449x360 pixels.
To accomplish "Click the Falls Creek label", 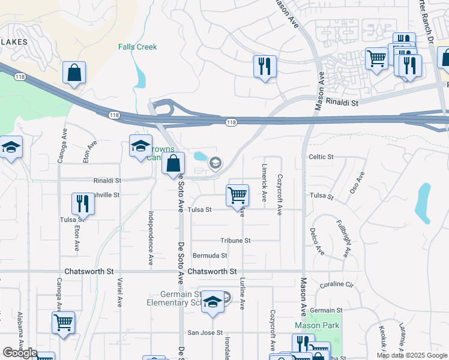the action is (x=137, y=47).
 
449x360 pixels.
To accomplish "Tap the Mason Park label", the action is (x=317, y=326).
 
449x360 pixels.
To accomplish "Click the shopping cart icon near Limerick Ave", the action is (x=238, y=194).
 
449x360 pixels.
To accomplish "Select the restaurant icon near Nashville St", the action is (x=83, y=203).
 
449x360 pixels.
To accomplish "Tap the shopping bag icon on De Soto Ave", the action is (x=173, y=163).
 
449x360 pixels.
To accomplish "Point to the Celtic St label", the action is (x=321, y=157).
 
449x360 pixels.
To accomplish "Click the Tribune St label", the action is (x=235, y=241).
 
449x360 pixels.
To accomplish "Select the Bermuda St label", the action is (x=209, y=256).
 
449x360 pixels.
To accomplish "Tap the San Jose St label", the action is (x=205, y=332).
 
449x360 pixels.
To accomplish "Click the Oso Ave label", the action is (x=357, y=182).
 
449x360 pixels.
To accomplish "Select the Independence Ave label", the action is (x=149, y=237).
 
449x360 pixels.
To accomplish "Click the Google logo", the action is (x=20, y=353).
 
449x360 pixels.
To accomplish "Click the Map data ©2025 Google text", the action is (x=412, y=356).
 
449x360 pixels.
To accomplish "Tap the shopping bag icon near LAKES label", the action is (x=74, y=73).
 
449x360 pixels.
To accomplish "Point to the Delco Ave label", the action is (x=317, y=241).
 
